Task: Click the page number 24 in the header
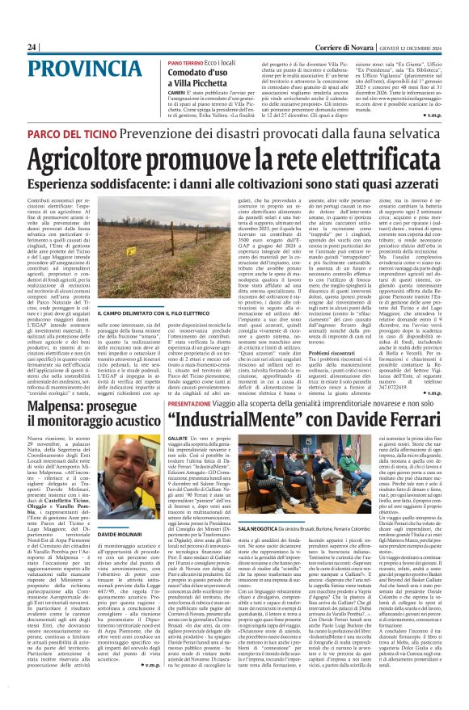pyautogui.click(x=32, y=47)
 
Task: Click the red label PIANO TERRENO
pyautogui.click(x=185, y=62)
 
